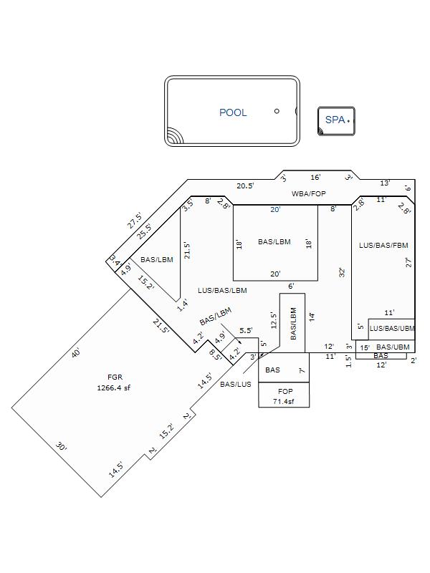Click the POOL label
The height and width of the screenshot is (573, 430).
click(x=233, y=112)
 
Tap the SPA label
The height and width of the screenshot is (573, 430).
click(x=335, y=120)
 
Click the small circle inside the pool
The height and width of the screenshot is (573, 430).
click(x=277, y=111)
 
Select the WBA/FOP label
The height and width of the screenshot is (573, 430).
click(x=308, y=193)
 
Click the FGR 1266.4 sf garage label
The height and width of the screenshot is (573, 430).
click(x=114, y=382)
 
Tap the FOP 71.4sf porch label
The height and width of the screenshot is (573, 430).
click(x=284, y=397)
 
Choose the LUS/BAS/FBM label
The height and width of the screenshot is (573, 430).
click(x=383, y=245)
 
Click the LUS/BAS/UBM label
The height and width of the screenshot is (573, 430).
click(x=392, y=328)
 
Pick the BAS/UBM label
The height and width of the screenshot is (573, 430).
click(x=393, y=347)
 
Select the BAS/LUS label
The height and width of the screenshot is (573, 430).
click(x=236, y=384)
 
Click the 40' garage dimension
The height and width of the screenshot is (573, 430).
click(x=76, y=353)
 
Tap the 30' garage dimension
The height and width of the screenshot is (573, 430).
click(x=61, y=446)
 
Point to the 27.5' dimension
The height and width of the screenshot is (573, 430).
click(x=135, y=221)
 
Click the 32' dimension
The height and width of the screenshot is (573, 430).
click(x=342, y=273)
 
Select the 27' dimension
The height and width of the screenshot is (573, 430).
click(x=408, y=262)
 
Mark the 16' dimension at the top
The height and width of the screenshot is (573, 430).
click(x=315, y=177)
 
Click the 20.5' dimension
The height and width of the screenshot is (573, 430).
click(x=245, y=186)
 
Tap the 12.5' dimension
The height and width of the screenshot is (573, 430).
click(x=274, y=320)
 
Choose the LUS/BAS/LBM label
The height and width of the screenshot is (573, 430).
click(x=222, y=291)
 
